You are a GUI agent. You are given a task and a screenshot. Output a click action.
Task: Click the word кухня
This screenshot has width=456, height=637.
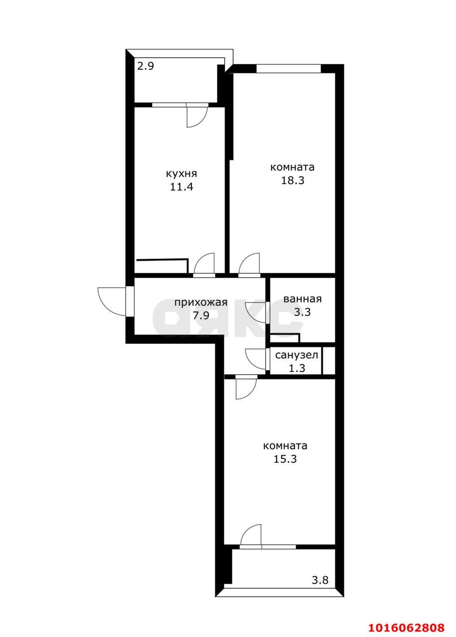pyautogui.click(x=181, y=174)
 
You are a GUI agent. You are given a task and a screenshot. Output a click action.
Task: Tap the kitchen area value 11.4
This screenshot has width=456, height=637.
pyautogui.click(x=181, y=187)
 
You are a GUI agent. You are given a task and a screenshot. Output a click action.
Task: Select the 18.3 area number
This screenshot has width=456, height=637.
pyautogui.click(x=293, y=180)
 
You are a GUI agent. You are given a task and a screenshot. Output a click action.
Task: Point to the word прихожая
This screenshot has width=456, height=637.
pyautogui.click(x=201, y=303)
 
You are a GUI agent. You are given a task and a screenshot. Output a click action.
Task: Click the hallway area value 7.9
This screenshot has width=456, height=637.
pyautogui.click(x=201, y=316)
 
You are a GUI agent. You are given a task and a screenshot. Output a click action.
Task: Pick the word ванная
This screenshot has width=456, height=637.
pyautogui.click(x=302, y=299)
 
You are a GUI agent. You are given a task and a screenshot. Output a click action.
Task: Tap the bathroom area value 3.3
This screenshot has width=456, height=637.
pyautogui.click(x=302, y=312)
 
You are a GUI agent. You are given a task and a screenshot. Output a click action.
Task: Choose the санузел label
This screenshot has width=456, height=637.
pyautogui.click(x=297, y=355)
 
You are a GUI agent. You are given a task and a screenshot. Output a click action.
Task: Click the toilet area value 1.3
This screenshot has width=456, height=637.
pyautogui.click(x=297, y=368)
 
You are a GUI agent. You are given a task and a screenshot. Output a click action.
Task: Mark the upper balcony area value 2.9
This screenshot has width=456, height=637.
pyautogui.click(x=146, y=66)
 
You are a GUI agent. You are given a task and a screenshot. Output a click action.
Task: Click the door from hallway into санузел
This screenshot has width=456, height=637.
pyautogui.click(x=256, y=359)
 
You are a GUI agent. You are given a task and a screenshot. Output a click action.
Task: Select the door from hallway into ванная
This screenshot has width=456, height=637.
pyautogui.click(x=256, y=312)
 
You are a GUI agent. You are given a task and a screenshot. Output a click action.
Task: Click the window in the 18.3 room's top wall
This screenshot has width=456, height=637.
pyautogui.click(x=289, y=69)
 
